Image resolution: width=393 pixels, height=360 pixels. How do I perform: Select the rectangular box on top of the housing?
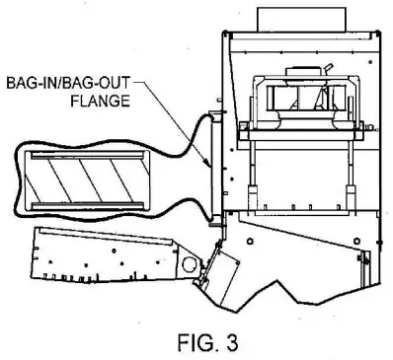click(285, 16)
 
